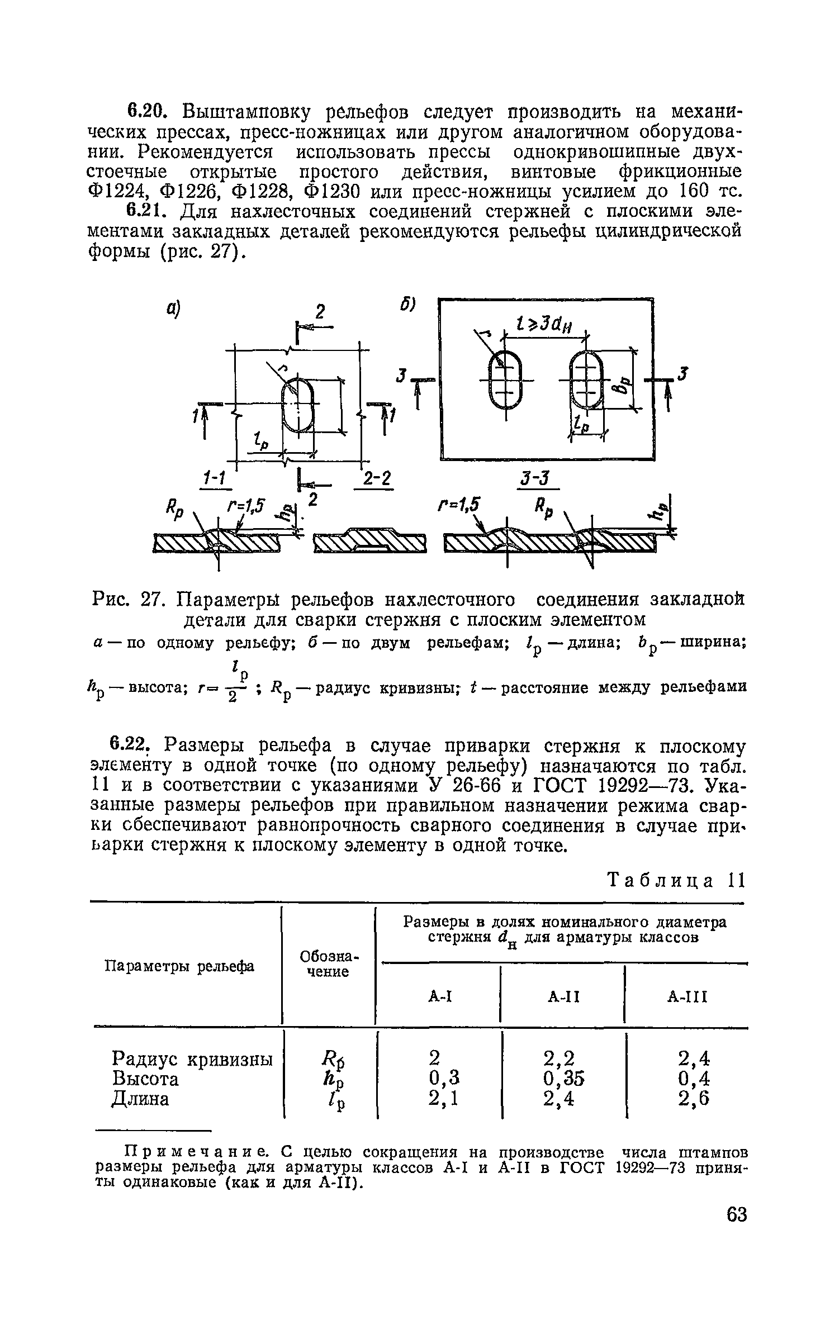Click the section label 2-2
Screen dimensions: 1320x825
click(376, 479)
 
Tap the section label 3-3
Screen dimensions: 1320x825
click(535, 479)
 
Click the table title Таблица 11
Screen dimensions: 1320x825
click(677, 881)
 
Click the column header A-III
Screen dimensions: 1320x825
click(687, 996)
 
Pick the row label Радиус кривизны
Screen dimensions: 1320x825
click(192, 1058)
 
